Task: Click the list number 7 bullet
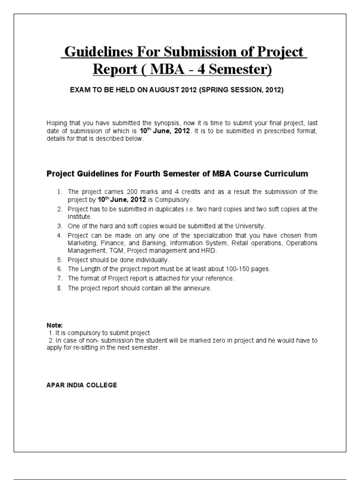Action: click(x=60, y=278)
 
